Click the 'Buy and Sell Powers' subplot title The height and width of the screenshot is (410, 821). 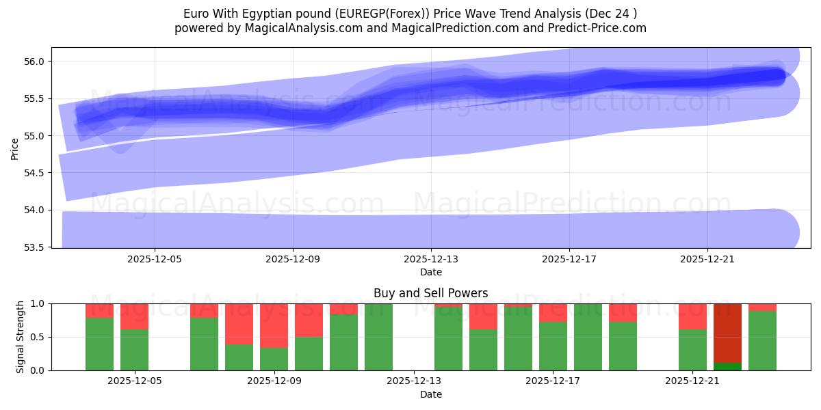pos(430,293)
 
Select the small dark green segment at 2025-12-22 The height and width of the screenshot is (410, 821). pos(727,366)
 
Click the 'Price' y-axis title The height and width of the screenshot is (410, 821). pos(14,148)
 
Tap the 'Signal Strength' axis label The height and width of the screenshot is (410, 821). pos(21,336)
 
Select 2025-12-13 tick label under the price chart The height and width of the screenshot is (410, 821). pos(431,260)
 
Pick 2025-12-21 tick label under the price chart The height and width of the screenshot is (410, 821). pos(707,260)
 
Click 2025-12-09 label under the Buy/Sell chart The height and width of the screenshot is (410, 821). pos(274,381)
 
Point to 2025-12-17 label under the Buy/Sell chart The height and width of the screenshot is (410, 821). pos(553,381)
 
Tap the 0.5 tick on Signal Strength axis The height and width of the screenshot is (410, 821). pos(38,337)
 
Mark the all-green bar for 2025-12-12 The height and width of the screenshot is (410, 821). pos(378,337)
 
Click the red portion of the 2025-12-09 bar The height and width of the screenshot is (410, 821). pos(274,325)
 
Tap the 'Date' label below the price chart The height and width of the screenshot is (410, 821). pos(430,272)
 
